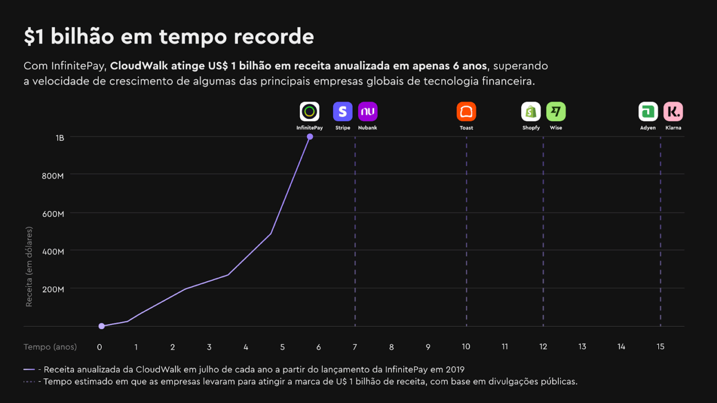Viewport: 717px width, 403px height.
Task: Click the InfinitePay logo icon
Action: pyautogui.click(x=310, y=111)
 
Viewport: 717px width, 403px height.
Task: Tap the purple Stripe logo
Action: pyautogui.click(x=343, y=111)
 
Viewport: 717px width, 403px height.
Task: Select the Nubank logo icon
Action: pyautogui.click(x=367, y=111)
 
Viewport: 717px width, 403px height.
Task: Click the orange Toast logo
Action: pyautogui.click(x=466, y=111)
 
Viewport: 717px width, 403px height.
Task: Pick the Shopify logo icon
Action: pyautogui.click(x=531, y=111)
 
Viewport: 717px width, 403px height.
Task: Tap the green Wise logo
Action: pyautogui.click(x=556, y=111)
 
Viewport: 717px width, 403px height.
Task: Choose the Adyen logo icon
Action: pyautogui.click(x=648, y=111)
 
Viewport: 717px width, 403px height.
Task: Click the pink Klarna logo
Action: pyautogui.click(x=673, y=111)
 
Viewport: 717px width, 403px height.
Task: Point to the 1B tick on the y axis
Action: pyautogui.click(x=59, y=137)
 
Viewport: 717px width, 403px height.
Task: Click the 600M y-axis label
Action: pyautogui.click(x=53, y=214)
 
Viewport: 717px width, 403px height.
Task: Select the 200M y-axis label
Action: pyautogui.click(x=53, y=289)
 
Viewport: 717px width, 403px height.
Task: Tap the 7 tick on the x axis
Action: pyautogui.click(x=355, y=347)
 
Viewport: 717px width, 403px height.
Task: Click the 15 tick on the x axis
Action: pyautogui.click(x=660, y=347)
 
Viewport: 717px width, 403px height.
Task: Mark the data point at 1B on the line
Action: pyautogui.click(x=310, y=136)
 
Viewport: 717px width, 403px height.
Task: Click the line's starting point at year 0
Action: pyautogui.click(x=101, y=326)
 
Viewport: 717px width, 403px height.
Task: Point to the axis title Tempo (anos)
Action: pyautogui.click(x=50, y=347)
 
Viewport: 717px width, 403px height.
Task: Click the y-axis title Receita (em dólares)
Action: pyautogui.click(x=29, y=267)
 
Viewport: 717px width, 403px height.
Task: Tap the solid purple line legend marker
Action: pyautogui.click(x=29, y=369)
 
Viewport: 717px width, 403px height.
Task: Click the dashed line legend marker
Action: pyautogui.click(x=29, y=381)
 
